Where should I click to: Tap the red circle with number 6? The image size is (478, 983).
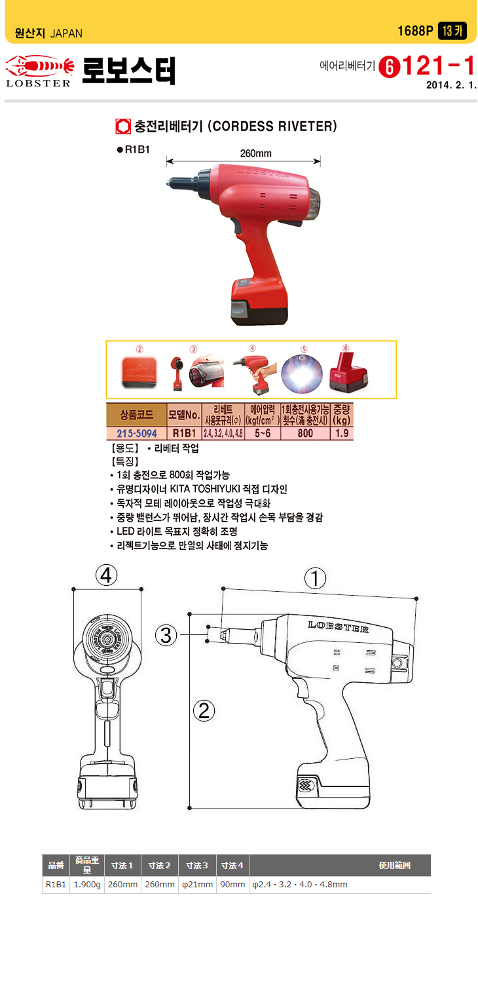390,67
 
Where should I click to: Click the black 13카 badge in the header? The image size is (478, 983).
452,31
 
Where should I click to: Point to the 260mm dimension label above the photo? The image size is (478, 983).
255,153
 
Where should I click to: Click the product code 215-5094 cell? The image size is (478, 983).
137,434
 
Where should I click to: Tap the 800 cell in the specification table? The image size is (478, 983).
305,434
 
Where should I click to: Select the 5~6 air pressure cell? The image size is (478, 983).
262,434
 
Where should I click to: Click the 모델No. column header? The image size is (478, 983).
184,415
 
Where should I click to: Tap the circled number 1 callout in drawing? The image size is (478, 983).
316,578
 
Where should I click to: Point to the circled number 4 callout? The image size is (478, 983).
107,575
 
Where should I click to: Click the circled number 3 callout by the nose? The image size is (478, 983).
166,635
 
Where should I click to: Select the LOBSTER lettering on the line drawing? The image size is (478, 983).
338,626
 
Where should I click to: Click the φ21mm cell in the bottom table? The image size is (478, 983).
197,884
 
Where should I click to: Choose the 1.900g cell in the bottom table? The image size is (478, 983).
87,884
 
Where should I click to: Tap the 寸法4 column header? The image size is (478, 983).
232,866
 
